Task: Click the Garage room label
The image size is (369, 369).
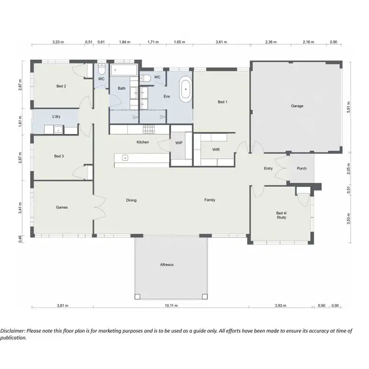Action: point(297,106)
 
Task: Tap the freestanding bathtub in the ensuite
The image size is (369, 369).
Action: point(185,90)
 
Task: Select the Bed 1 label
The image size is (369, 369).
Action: point(222,102)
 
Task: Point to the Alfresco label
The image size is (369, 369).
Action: point(167,265)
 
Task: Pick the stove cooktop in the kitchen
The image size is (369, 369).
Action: point(149,129)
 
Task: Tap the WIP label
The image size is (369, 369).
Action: point(179,143)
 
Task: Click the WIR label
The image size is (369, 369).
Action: point(216,149)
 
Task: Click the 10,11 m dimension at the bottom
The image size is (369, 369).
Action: point(171,306)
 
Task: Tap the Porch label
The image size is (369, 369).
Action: point(302,168)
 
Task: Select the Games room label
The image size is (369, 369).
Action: point(61,207)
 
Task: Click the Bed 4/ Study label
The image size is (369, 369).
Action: point(281,215)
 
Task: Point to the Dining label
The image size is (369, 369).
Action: point(131,201)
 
